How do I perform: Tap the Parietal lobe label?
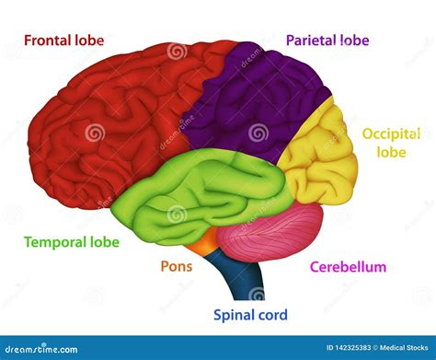(x=327, y=41)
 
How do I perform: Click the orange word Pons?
(x=177, y=267)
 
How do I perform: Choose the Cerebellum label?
(x=348, y=267)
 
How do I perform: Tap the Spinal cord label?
(x=250, y=316)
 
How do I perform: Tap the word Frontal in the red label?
(x=50, y=41)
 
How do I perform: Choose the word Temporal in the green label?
(x=52, y=243)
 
